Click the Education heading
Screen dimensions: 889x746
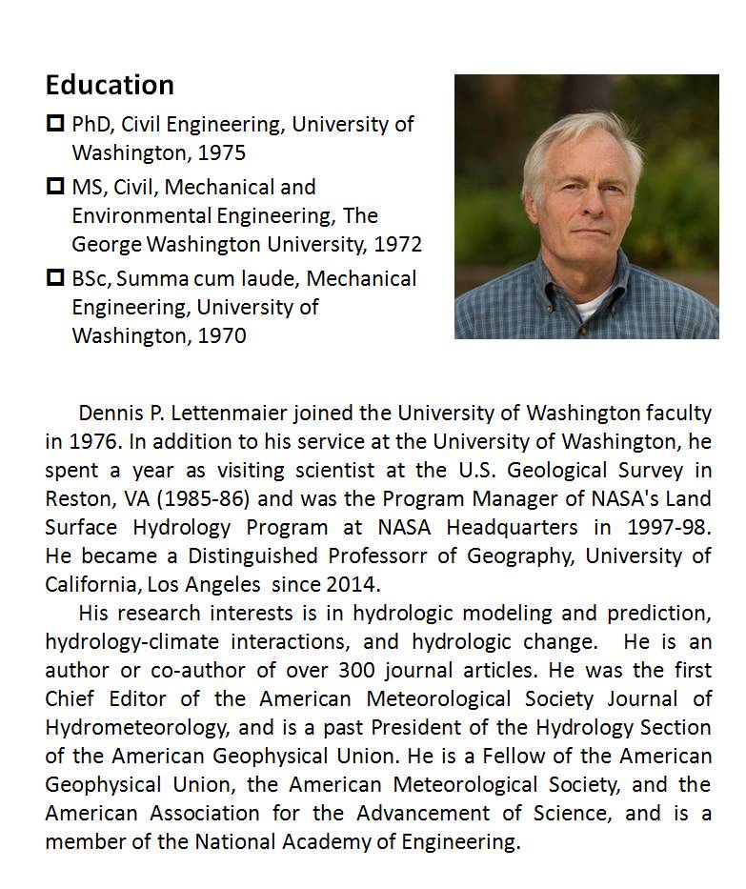110,85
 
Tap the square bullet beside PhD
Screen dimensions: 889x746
55,123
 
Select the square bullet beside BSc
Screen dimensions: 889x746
55,278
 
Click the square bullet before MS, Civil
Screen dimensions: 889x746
55,186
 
